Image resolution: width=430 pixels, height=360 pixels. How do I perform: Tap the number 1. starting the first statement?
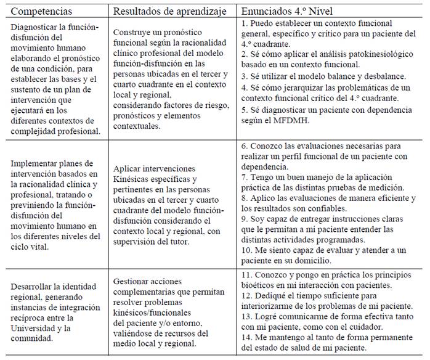click(245, 23)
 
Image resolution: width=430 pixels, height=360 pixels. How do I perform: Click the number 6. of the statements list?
click(245, 146)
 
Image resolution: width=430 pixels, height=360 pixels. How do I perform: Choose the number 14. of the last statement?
click(248, 338)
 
